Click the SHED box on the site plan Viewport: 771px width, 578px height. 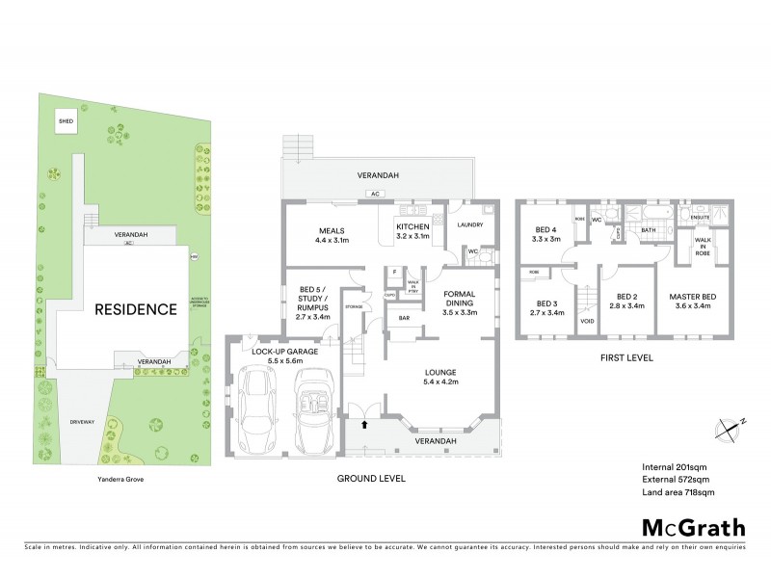(x=66, y=122)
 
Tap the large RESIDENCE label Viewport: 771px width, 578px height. (x=135, y=309)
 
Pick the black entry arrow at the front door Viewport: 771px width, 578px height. (x=364, y=422)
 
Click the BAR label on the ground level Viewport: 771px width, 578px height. (x=404, y=317)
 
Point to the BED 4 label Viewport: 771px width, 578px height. (x=547, y=233)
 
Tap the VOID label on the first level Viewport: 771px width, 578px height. (x=587, y=320)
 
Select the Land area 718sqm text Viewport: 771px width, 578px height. (x=678, y=492)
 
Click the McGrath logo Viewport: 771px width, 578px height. (x=693, y=527)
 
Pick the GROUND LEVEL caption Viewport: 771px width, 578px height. (x=371, y=478)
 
